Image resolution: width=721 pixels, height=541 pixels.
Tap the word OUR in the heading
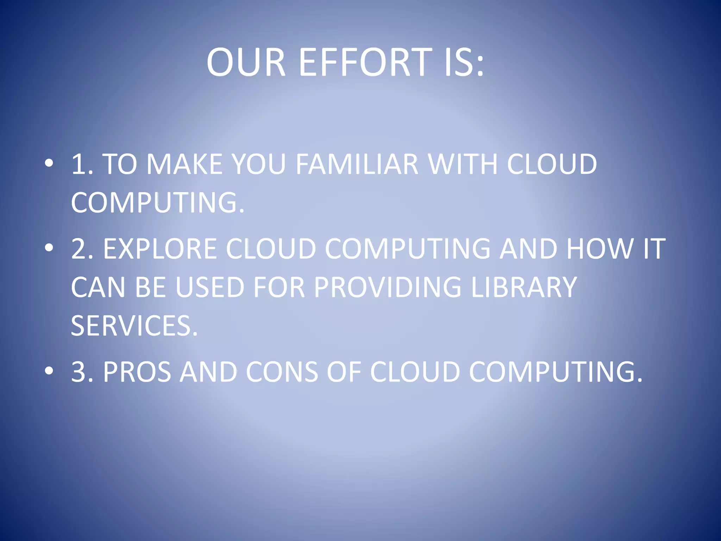(246, 62)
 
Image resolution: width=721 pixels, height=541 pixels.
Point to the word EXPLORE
(160, 249)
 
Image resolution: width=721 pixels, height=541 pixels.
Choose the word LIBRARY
(524, 287)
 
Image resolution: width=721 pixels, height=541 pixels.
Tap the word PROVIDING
(387, 287)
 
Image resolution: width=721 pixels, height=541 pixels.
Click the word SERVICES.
(134, 325)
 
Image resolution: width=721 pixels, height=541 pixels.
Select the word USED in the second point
(210, 287)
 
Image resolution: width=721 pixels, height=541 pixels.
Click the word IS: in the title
(464, 62)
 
